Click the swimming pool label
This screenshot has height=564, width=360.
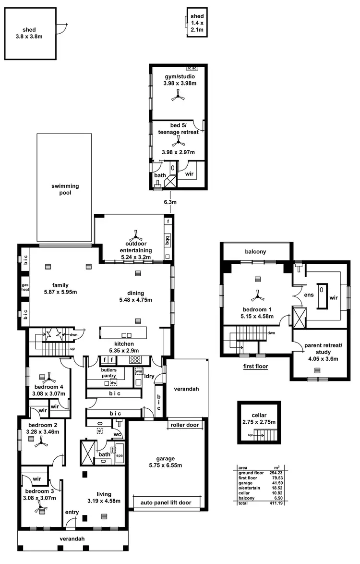[65, 189]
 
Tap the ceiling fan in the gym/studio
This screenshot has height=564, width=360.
[178, 97]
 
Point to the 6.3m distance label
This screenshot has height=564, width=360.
[170, 202]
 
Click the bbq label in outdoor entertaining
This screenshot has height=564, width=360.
[167, 239]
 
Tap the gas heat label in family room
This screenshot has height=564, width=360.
[25, 287]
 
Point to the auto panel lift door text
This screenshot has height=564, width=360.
[166, 503]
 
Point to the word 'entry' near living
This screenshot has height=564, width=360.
[72, 512]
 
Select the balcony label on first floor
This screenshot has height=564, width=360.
[255, 251]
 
